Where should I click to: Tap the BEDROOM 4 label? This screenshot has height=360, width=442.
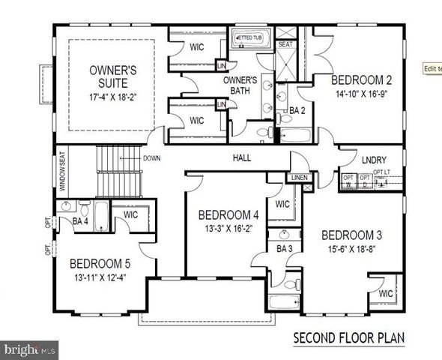[222, 214]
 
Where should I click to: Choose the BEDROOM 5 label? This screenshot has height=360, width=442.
[101, 263]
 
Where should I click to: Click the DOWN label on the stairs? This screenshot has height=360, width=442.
[151, 158]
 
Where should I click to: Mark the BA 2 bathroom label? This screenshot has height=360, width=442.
[297, 110]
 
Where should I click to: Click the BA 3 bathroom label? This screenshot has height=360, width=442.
[284, 248]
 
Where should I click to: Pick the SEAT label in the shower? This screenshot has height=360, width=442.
[285, 44]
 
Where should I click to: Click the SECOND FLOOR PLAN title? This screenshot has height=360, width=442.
[348, 337]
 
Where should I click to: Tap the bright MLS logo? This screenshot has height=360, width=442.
[30, 349]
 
